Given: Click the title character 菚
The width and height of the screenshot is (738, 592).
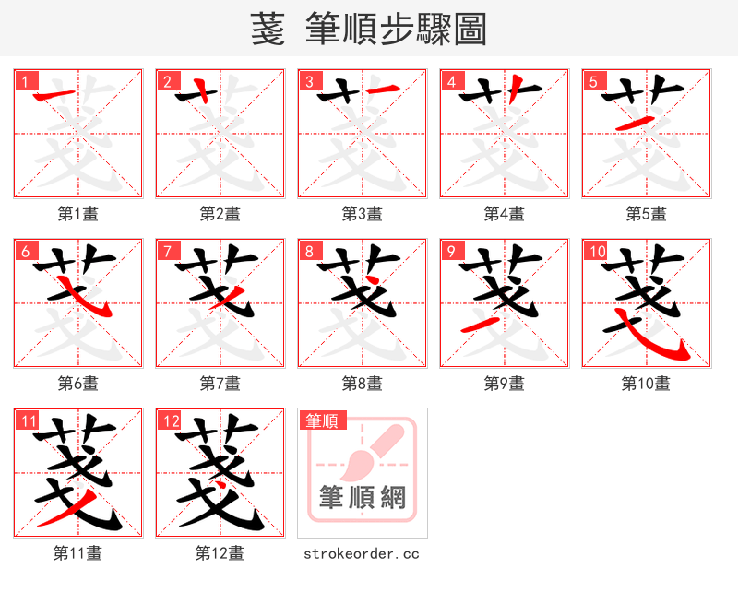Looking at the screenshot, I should pyautogui.click(x=269, y=30).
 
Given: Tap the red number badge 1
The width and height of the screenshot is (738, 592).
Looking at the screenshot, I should pyautogui.click(x=23, y=81).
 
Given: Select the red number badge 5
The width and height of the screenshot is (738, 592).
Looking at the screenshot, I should pyautogui.click(x=591, y=81).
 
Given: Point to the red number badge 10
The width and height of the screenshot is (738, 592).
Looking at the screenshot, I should pyautogui.click(x=596, y=251).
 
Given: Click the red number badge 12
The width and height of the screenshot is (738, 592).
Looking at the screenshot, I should pyautogui.click(x=170, y=421).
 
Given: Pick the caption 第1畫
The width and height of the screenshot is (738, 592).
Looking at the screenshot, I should pyautogui.click(x=78, y=214).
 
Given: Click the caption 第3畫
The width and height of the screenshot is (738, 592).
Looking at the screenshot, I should pyautogui.click(x=363, y=214).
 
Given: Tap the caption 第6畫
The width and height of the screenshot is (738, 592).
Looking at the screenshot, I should pyautogui.click(x=78, y=383).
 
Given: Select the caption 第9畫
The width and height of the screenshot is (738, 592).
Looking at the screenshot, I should pyautogui.click(x=505, y=383).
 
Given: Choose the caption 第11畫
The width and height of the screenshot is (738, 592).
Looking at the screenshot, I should pyautogui.click(x=78, y=553).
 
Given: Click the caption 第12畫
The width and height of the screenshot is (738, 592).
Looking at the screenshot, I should pyautogui.click(x=220, y=553).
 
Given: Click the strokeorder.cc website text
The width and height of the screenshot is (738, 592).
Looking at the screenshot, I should pyautogui.click(x=363, y=553).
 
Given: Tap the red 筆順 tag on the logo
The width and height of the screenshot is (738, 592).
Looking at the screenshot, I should pyautogui.click(x=322, y=420).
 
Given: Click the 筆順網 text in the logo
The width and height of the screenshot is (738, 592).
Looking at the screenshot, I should pyautogui.click(x=363, y=498).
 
